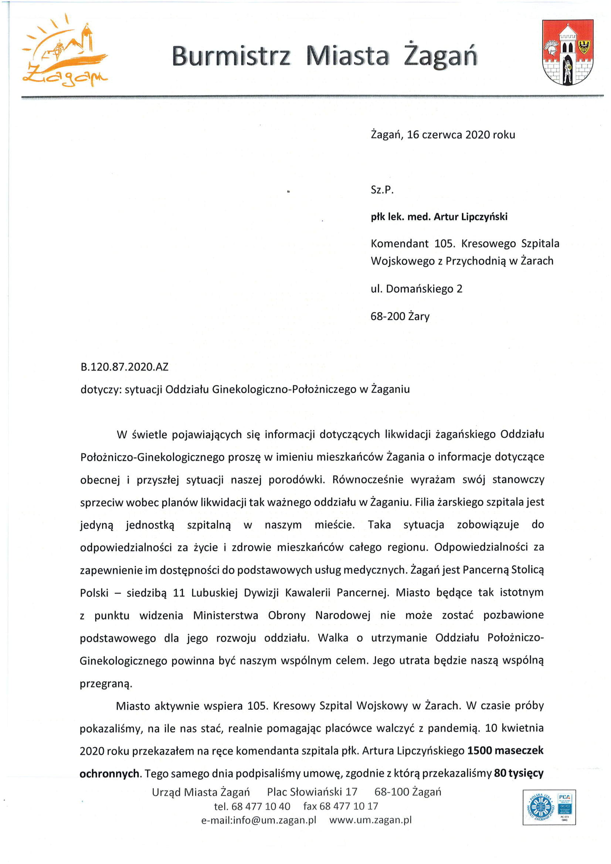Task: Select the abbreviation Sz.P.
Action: [382, 189]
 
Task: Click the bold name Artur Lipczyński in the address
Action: [470, 217]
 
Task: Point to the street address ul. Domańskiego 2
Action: [416, 288]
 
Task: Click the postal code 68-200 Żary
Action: [400, 316]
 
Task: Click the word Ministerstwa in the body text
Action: [225, 615]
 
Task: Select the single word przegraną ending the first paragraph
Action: [106, 684]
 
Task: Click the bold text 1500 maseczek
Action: [505, 751]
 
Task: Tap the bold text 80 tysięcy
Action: [518, 773]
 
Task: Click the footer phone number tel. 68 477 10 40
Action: [252, 806]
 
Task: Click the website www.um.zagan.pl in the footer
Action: [370, 820]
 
